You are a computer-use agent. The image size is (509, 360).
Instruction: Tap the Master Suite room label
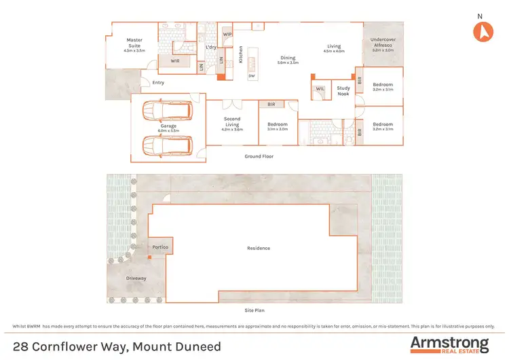click(134, 43)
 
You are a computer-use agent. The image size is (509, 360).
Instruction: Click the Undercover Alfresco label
click(383, 43)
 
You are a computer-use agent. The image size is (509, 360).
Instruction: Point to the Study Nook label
click(344, 90)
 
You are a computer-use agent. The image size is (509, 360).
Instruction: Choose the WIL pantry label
click(320, 88)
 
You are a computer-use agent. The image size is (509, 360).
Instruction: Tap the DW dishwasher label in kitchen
click(252, 76)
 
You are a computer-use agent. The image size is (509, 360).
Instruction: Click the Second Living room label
click(232, 122)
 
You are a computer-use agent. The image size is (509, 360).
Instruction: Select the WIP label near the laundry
click(227, 33)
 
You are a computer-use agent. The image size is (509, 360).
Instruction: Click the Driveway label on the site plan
click(136, 278)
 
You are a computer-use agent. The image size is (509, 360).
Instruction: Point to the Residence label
click(259, 248)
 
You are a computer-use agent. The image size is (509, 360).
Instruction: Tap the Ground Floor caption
click(259, 156)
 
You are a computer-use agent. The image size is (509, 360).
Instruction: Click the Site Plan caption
click(254, 310)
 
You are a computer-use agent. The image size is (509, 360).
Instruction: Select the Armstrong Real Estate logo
click(449, 344)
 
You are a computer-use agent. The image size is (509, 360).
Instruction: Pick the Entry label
click(158, 83)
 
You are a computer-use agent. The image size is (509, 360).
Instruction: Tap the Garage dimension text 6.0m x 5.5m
click(168, 130)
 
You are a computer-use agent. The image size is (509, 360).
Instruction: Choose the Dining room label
click(288, 59)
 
